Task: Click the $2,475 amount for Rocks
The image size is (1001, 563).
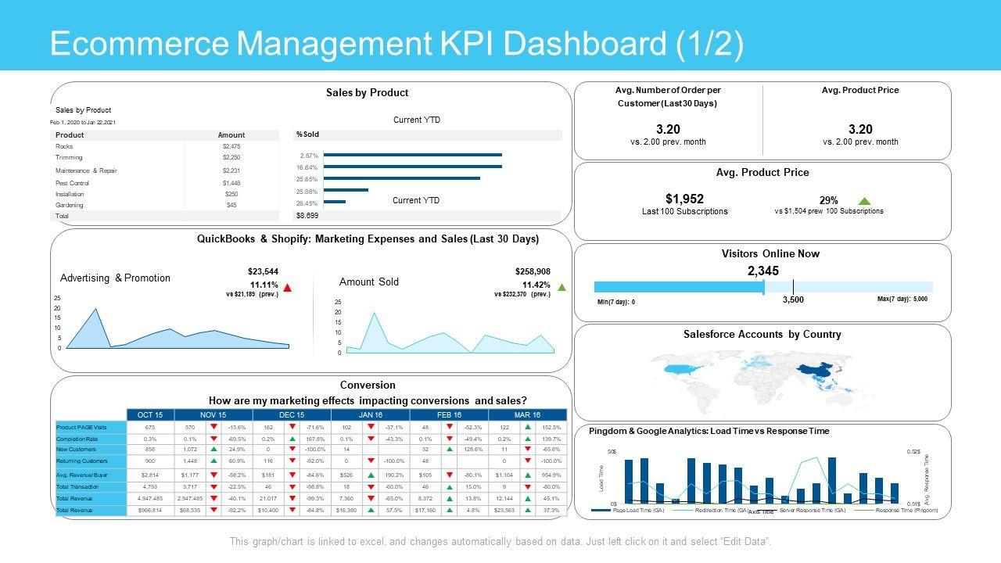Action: [x=231, y=146]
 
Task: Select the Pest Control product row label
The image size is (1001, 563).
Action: [x=73, y=183]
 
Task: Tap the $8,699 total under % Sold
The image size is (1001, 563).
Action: [x=307, y=215]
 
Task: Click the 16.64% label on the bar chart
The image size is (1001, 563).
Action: [x=307, y=167]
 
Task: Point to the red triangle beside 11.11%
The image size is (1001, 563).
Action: [x=287, y=288]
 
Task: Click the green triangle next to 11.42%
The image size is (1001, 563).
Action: [x=561, y=288]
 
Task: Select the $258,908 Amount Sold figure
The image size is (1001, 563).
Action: [x=533, y=271]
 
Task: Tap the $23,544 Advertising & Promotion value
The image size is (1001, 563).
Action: [x=263, y=271]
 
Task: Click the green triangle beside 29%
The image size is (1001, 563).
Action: [x=864, y=201]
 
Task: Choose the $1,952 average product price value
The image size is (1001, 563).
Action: [x=684, y=199]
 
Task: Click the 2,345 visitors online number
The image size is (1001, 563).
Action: [x=763, y=271]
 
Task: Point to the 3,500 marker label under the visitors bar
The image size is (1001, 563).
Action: [x=793, y=299]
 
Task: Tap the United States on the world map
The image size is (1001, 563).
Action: [x=679, y=370]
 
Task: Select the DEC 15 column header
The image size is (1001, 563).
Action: [x=291, y=414]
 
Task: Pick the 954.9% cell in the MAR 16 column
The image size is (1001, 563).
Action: [x=551, y=475]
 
